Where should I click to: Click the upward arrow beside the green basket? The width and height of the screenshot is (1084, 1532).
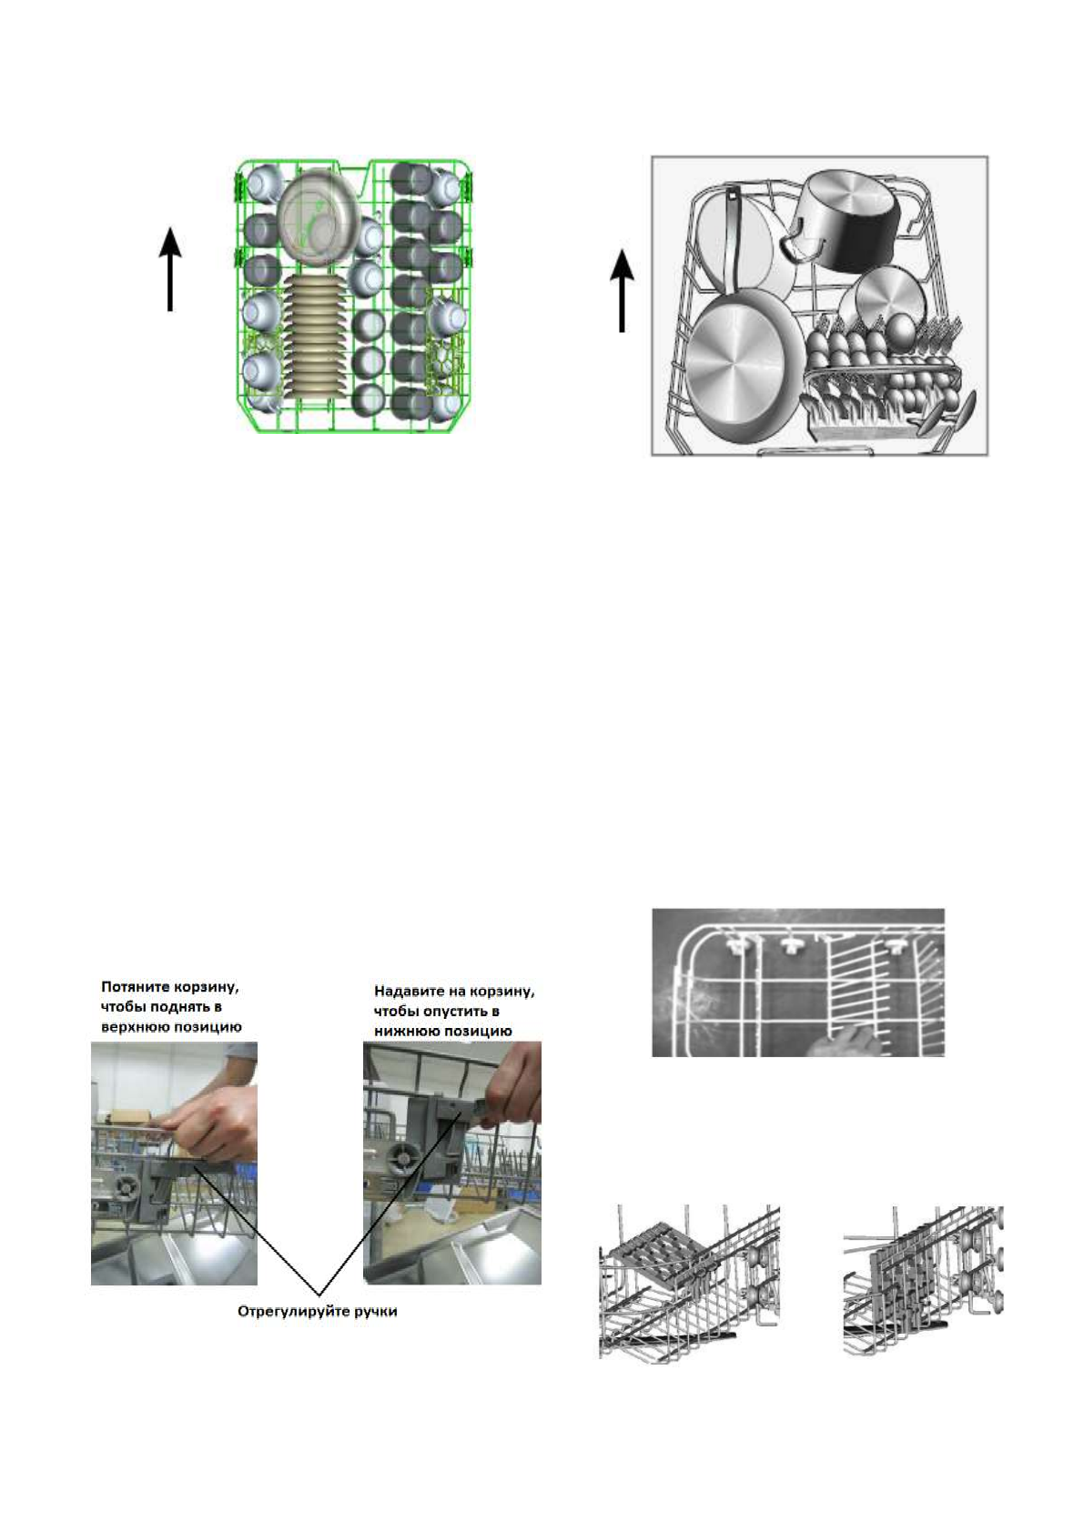170,270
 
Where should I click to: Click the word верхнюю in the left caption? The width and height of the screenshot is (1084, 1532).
137,1026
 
